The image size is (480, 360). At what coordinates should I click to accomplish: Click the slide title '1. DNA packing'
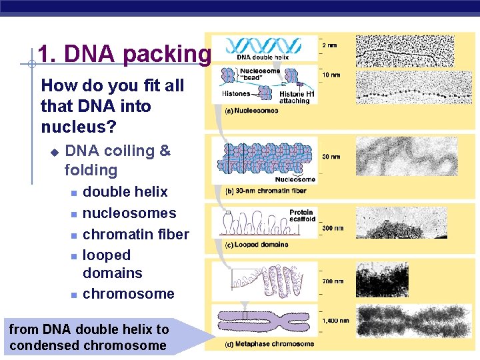[124, 54]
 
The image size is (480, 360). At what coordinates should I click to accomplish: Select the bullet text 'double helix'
[125, 192]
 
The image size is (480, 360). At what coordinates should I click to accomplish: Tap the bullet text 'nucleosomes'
[129, 213]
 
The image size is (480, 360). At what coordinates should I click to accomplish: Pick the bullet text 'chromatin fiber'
[135, 234]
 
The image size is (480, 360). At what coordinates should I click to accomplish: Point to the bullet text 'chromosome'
[128, 294]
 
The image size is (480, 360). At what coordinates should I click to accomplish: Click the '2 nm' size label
[330, 45]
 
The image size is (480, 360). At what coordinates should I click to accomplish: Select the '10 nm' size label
[331, 75]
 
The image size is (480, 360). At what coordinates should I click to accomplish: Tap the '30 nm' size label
[331, 157]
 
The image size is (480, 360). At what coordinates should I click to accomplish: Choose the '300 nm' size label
[333, 229]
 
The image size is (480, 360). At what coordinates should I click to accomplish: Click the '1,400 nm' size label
[335, 321]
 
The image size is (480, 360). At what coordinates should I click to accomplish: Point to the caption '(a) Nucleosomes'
[251, 111]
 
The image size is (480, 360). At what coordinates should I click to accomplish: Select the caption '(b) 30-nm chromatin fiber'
[265, 191]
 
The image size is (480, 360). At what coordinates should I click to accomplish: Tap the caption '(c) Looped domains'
[257, 245]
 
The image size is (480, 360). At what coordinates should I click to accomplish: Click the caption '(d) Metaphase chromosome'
[269, 344]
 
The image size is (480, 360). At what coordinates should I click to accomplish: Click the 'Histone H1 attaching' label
[294, 98]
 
